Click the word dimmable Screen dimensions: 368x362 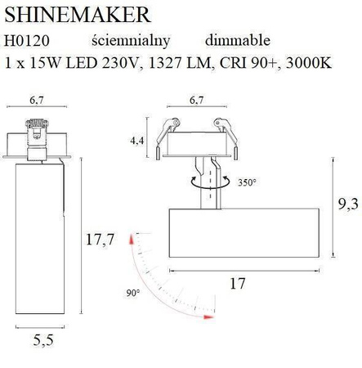click(237, 40)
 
